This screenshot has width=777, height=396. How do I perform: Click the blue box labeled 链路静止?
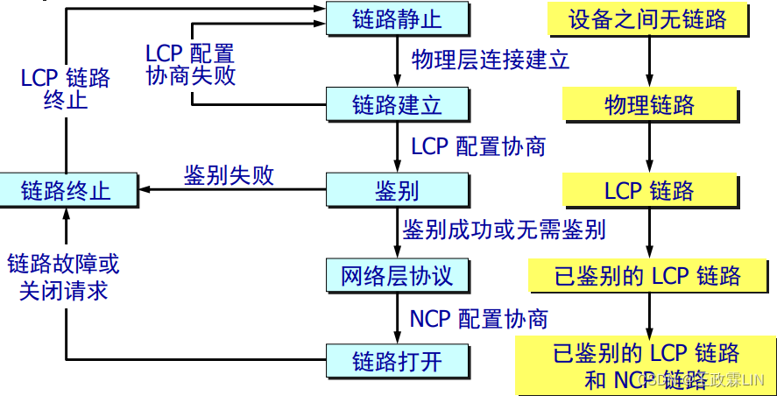coord(397,19)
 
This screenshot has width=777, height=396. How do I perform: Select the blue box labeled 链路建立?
coord(397,105)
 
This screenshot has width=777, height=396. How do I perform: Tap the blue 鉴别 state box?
coord(397,189)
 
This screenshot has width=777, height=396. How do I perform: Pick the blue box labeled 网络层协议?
coord(397,275)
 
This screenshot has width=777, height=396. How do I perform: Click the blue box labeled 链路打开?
coord(397,360)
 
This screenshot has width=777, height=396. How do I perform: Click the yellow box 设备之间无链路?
coord(648,19)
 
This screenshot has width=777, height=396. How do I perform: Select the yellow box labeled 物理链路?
coord(648,105)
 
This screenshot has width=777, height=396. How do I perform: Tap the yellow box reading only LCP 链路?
coord(648,190)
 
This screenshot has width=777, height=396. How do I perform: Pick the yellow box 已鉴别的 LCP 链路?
coord(648,276)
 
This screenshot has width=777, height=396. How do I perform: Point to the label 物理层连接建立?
coord(491,60)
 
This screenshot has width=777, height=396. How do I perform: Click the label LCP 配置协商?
coord(478,145)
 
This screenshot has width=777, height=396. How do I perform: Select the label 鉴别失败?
coord(229,175)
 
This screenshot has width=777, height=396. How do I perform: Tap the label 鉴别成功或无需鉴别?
coord(505,230)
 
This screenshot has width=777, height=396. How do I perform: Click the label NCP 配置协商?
coord(478,318)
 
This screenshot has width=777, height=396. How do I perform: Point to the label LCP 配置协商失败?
coord(191,64)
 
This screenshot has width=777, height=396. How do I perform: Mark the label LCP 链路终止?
coord(66,88)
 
